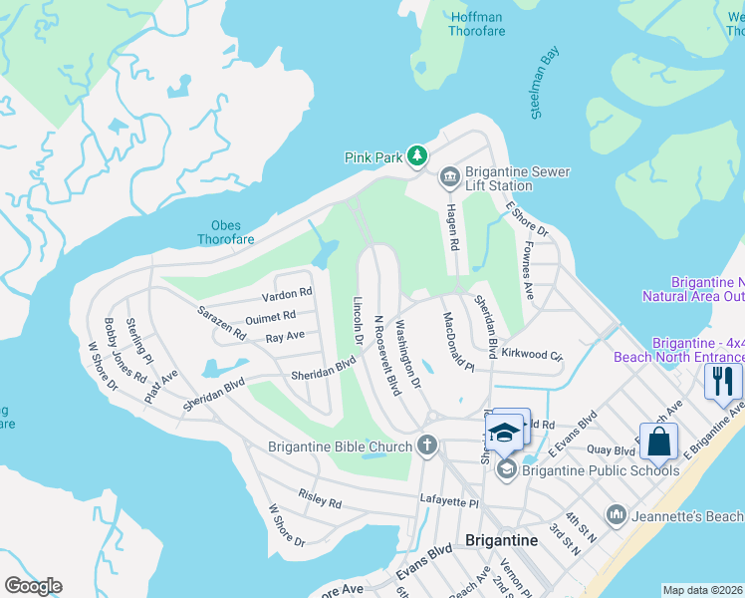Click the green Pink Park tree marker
pos(417,156)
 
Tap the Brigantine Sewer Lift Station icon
pos(449,177)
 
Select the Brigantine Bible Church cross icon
pos(428,446)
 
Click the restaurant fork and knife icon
pos(723,380)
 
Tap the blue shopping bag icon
pos(659,441)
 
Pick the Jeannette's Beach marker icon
pos(617,514)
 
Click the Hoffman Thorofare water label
pos(478,24)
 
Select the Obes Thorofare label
pos(225,232)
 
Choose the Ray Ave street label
pos(285,338)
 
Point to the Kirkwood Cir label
pos(532,355)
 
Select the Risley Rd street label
pos(320,498)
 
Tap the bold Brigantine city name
pos(501,540)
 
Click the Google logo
pos(33,586)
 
